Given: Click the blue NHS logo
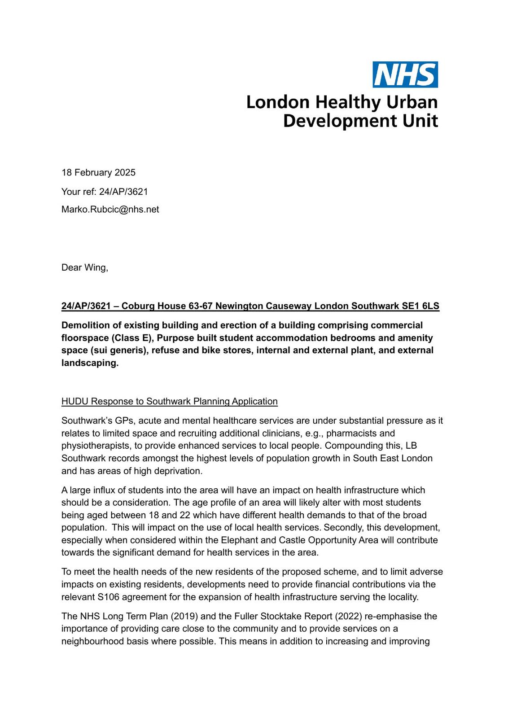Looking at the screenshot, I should pos(405,74).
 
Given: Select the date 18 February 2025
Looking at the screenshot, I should pos(98,173).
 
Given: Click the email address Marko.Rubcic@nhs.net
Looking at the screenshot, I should pos(110,210).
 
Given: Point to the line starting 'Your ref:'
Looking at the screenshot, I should pos(105,192).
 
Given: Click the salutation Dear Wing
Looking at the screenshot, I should pos(84,268).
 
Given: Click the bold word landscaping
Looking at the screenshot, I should pos(90,363).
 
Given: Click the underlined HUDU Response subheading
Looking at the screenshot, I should pos(169,402).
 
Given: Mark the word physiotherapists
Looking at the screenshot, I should pos(96,446).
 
